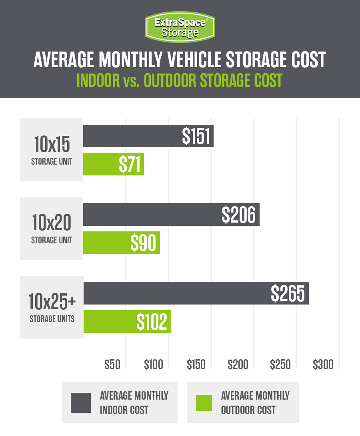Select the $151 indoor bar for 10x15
[148, 136]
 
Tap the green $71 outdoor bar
[114, 164]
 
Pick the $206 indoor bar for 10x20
[171, 215]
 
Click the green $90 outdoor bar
[122, 243]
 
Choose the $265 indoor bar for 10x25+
[196, 293]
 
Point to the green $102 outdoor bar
[127, 322]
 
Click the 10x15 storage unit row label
[52, 150]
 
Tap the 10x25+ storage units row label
[52, 307]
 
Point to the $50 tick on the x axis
[112, 364]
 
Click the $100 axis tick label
[154, 364]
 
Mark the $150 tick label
[196, 364]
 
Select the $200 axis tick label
[238, 364]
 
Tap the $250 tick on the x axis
[280, 364]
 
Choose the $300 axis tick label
[323, 364]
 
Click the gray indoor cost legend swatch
[81, 402]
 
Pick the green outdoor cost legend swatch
[204, 402]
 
